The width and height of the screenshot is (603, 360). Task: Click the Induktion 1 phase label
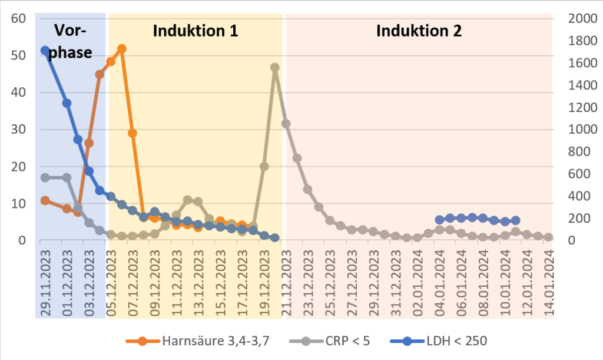coord(196,31)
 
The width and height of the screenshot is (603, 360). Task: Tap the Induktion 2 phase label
coord(419,31)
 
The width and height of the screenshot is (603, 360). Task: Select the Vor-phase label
coord(70,42)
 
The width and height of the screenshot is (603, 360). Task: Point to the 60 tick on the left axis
coord(20,18)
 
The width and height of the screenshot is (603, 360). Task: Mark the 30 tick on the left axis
coord(20,130)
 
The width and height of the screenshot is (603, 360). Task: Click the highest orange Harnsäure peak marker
coord(122,49)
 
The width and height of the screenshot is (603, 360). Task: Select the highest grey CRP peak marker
coord(275,68)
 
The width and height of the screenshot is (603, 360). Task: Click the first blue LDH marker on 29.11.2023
coord(45,51)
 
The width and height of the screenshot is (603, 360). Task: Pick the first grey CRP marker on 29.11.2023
coord(45,177)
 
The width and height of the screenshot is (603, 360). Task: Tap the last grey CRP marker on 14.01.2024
coord(549,237)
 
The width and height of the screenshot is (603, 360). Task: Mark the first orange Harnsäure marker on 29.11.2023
coord(45,201)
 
